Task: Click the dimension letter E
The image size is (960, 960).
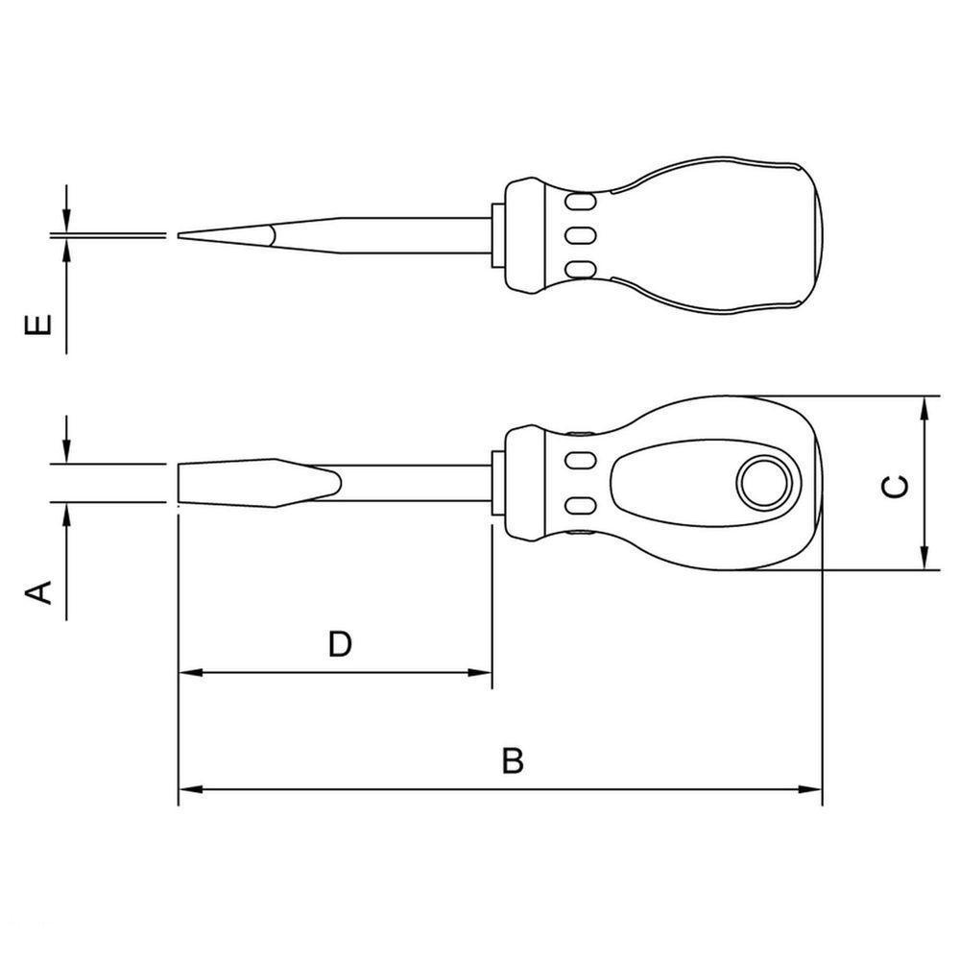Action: [x=38, y=325]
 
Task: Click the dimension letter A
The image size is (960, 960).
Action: [x=38, y=592]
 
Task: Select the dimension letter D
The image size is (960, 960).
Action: [x=340, y=644]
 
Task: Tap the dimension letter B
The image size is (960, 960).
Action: [x=513, y=760]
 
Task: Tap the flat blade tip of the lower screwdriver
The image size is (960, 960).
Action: [x=179, y=484]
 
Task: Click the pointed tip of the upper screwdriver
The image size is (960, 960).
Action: [x=180, y=236]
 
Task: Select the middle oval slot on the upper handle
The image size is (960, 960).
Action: [x=579, y=234]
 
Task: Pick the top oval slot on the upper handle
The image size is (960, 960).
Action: [x=579, y=202]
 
